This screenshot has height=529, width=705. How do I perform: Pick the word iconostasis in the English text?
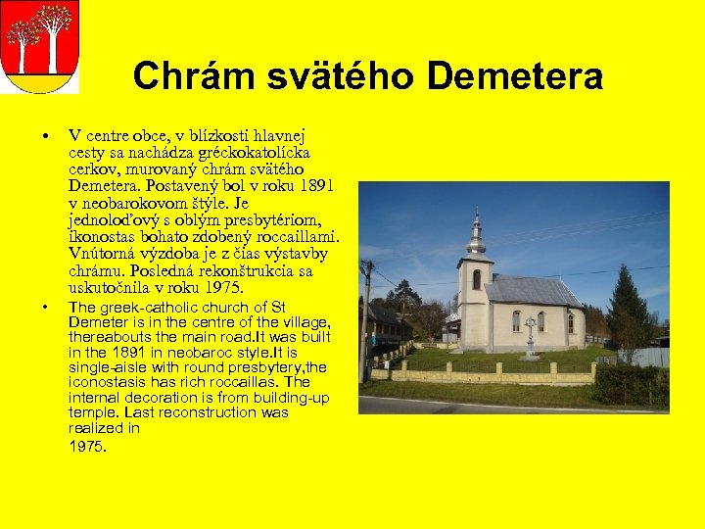pyautogui.click(x=108, y=382)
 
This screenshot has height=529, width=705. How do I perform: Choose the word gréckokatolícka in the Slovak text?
pyautogui.click(x=255, y=153)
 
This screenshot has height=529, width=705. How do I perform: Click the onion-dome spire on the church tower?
pyautogui.click(x=476, y=233)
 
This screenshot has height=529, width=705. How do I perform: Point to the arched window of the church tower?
pyautogui.click(x=476, y=279)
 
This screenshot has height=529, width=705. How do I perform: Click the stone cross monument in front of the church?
pyautogui.click(x=530, y=337)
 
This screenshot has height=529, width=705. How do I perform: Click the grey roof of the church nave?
pyautogui.click(x=534, y=292)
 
